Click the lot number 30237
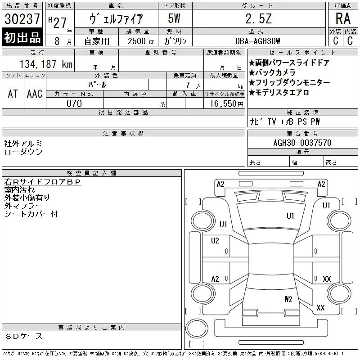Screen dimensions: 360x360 [22, 19]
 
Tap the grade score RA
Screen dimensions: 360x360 [343, 18]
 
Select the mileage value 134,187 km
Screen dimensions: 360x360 [46, 64]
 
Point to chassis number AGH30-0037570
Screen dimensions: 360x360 [302, 143]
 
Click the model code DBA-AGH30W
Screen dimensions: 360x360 [257, 41]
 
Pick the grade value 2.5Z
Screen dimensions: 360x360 [258, 18]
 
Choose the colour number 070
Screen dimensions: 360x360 [74, 103]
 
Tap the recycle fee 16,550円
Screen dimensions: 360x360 [227, 104]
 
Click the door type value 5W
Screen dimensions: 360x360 [174, 18]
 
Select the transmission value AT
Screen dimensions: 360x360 [13, 94]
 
